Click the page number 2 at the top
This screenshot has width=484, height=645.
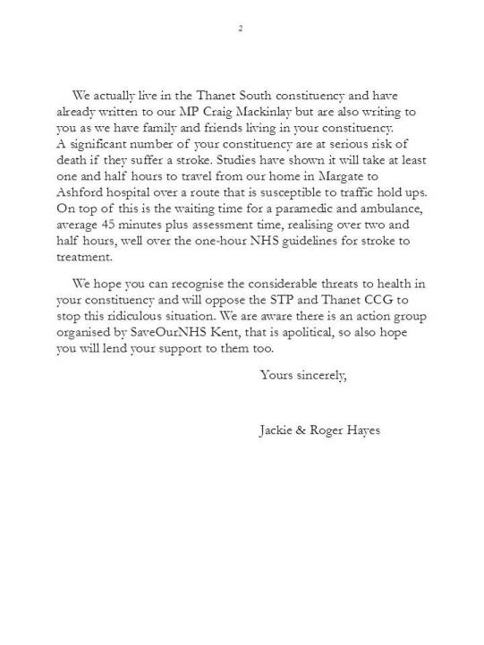(240, 30)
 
